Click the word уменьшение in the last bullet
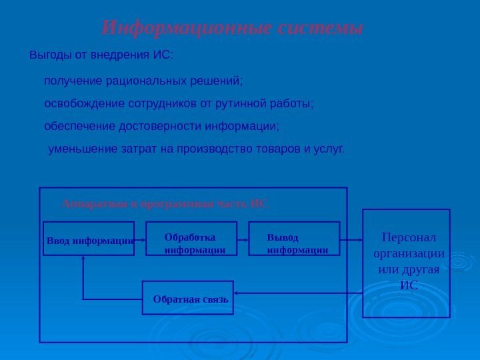pos(78,148)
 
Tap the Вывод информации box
pos(294,239)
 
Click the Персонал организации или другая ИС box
pos(406,263)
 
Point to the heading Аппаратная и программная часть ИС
pos(165,203)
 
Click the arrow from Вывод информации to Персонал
pos(351,239)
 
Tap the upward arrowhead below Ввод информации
pos(83,261)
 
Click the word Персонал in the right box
pos(407,237)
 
